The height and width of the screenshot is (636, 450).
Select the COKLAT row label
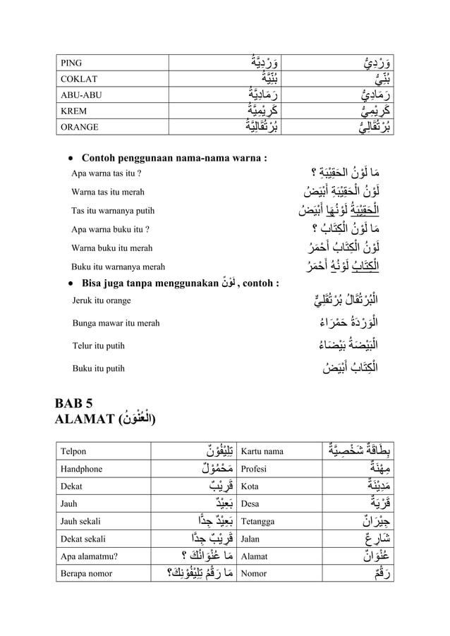pyautogui.click(x=79, y=79)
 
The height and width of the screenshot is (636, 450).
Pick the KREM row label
pyautogui.click(x=74, y=111)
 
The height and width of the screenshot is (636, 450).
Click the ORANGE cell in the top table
pyautogui.click(x=79, y=128)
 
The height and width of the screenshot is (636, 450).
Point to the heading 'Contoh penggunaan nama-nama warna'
pyautogui.click(x=174, y=157)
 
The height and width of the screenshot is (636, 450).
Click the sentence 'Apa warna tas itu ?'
pyautogui.click(x=107, y=173)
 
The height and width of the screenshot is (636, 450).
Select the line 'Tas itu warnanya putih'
pyautogui.click(x=113, y=211)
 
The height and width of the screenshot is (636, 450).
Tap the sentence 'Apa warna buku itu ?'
pyautogui.click(x=110, y=229)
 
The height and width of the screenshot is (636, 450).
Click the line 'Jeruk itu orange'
pyautogui.click(x=102, y=301)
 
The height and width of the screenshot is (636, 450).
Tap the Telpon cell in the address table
pyautogui.click(x=73, y=451)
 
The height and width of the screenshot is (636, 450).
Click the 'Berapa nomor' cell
pyautogui.click(x=87, y=573)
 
